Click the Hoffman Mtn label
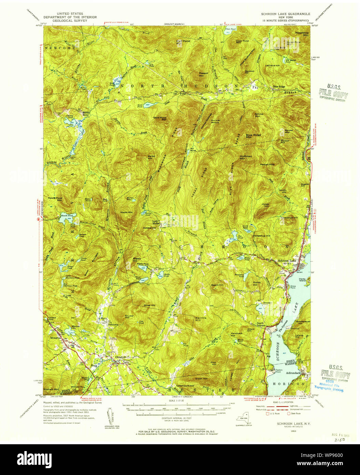click(246, 157)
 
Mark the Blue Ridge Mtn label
click(253, 136)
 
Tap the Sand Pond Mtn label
click(160, 119)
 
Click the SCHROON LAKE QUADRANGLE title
click(286, 14)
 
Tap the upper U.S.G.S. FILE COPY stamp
click(333, 92)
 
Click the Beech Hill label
click(217, 285)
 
